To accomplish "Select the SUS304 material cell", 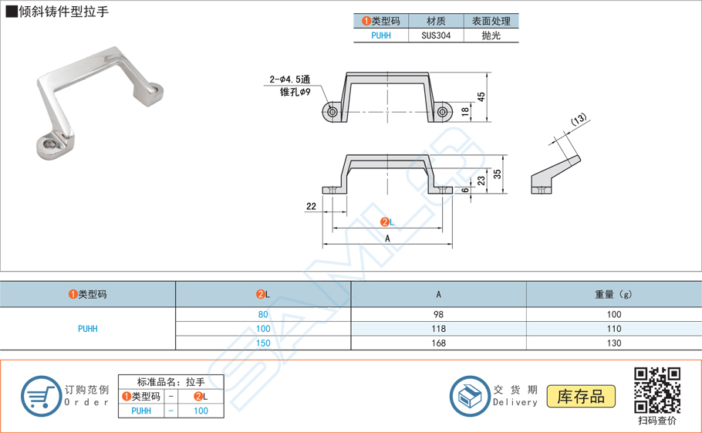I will coord(436,36).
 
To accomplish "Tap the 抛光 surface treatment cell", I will coord(491,36).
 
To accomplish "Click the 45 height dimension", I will coord(481,97).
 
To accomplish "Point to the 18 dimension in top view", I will coord(465,112).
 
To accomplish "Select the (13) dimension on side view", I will coord(579,120).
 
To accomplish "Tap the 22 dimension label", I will coord(311,206).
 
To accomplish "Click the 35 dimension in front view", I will coord(497,174).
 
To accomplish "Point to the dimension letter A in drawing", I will coord(387,238).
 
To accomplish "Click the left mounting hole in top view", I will coord(332,112).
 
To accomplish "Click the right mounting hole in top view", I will coord(443,112).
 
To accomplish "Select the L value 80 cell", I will coord(263,314).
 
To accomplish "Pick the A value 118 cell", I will coord(438,329).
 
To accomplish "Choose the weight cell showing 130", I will coord(613,343).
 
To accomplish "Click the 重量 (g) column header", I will coord(613,294).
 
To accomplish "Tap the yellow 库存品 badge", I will coord(581,397).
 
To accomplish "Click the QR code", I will coord(656,391).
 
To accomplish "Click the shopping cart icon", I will coord(40,396).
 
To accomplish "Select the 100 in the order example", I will coord(201,411).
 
